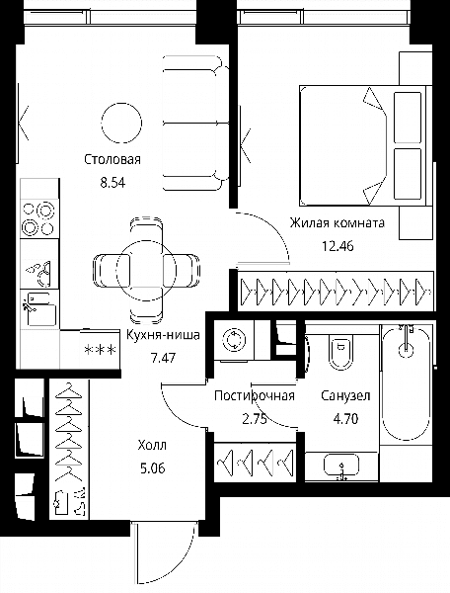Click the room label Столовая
point(112,159)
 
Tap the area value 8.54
point(112,183)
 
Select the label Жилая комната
point(337,222)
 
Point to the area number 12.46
point(337,246)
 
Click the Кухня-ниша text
point(163,335)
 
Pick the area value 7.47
point(163,358)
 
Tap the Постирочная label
point(255,395)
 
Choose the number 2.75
point(255,419)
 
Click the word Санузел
point(345,395)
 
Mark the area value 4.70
point(345,419)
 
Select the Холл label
point(152,445)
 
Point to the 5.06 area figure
point(153,468)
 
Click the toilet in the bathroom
point(341,352)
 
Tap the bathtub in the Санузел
point(406,382)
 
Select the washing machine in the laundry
point(234,340)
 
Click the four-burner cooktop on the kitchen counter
point(39,218)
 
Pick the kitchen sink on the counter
point(39,310)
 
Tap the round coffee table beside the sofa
point(122,123)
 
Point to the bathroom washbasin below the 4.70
point(341,466)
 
